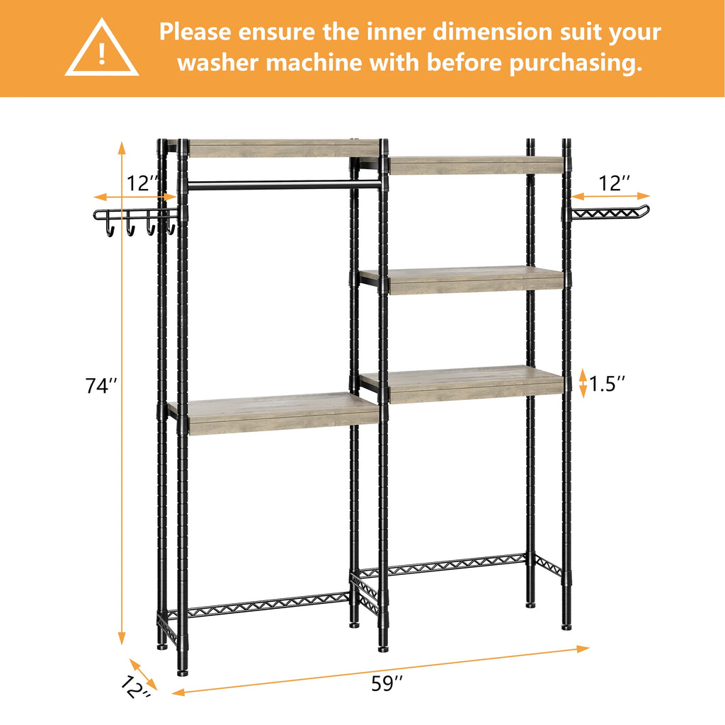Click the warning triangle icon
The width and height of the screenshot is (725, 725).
[x=102, y=50]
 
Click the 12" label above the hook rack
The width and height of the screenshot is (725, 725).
[x=143, y=184]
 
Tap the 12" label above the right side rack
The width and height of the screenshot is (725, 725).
[x=613, y=183]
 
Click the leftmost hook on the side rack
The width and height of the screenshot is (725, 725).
[x=110, y=228]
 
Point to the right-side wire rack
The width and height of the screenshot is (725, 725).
[x=609, y=212]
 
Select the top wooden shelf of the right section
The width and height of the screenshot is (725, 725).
[x=474, y=166]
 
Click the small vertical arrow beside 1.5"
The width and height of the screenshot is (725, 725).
[x=583, y=383]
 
